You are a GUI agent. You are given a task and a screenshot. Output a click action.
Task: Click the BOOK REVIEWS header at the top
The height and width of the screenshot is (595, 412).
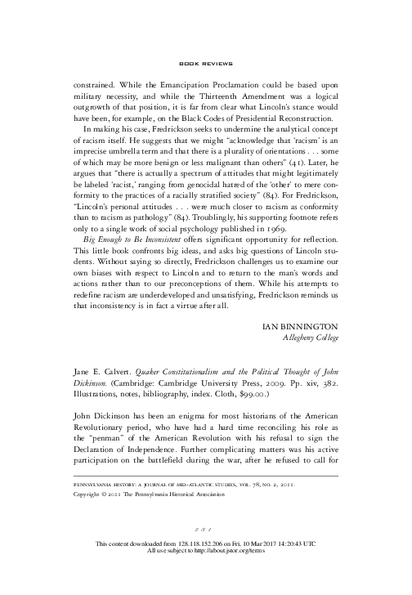click(x=205, y=63)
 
